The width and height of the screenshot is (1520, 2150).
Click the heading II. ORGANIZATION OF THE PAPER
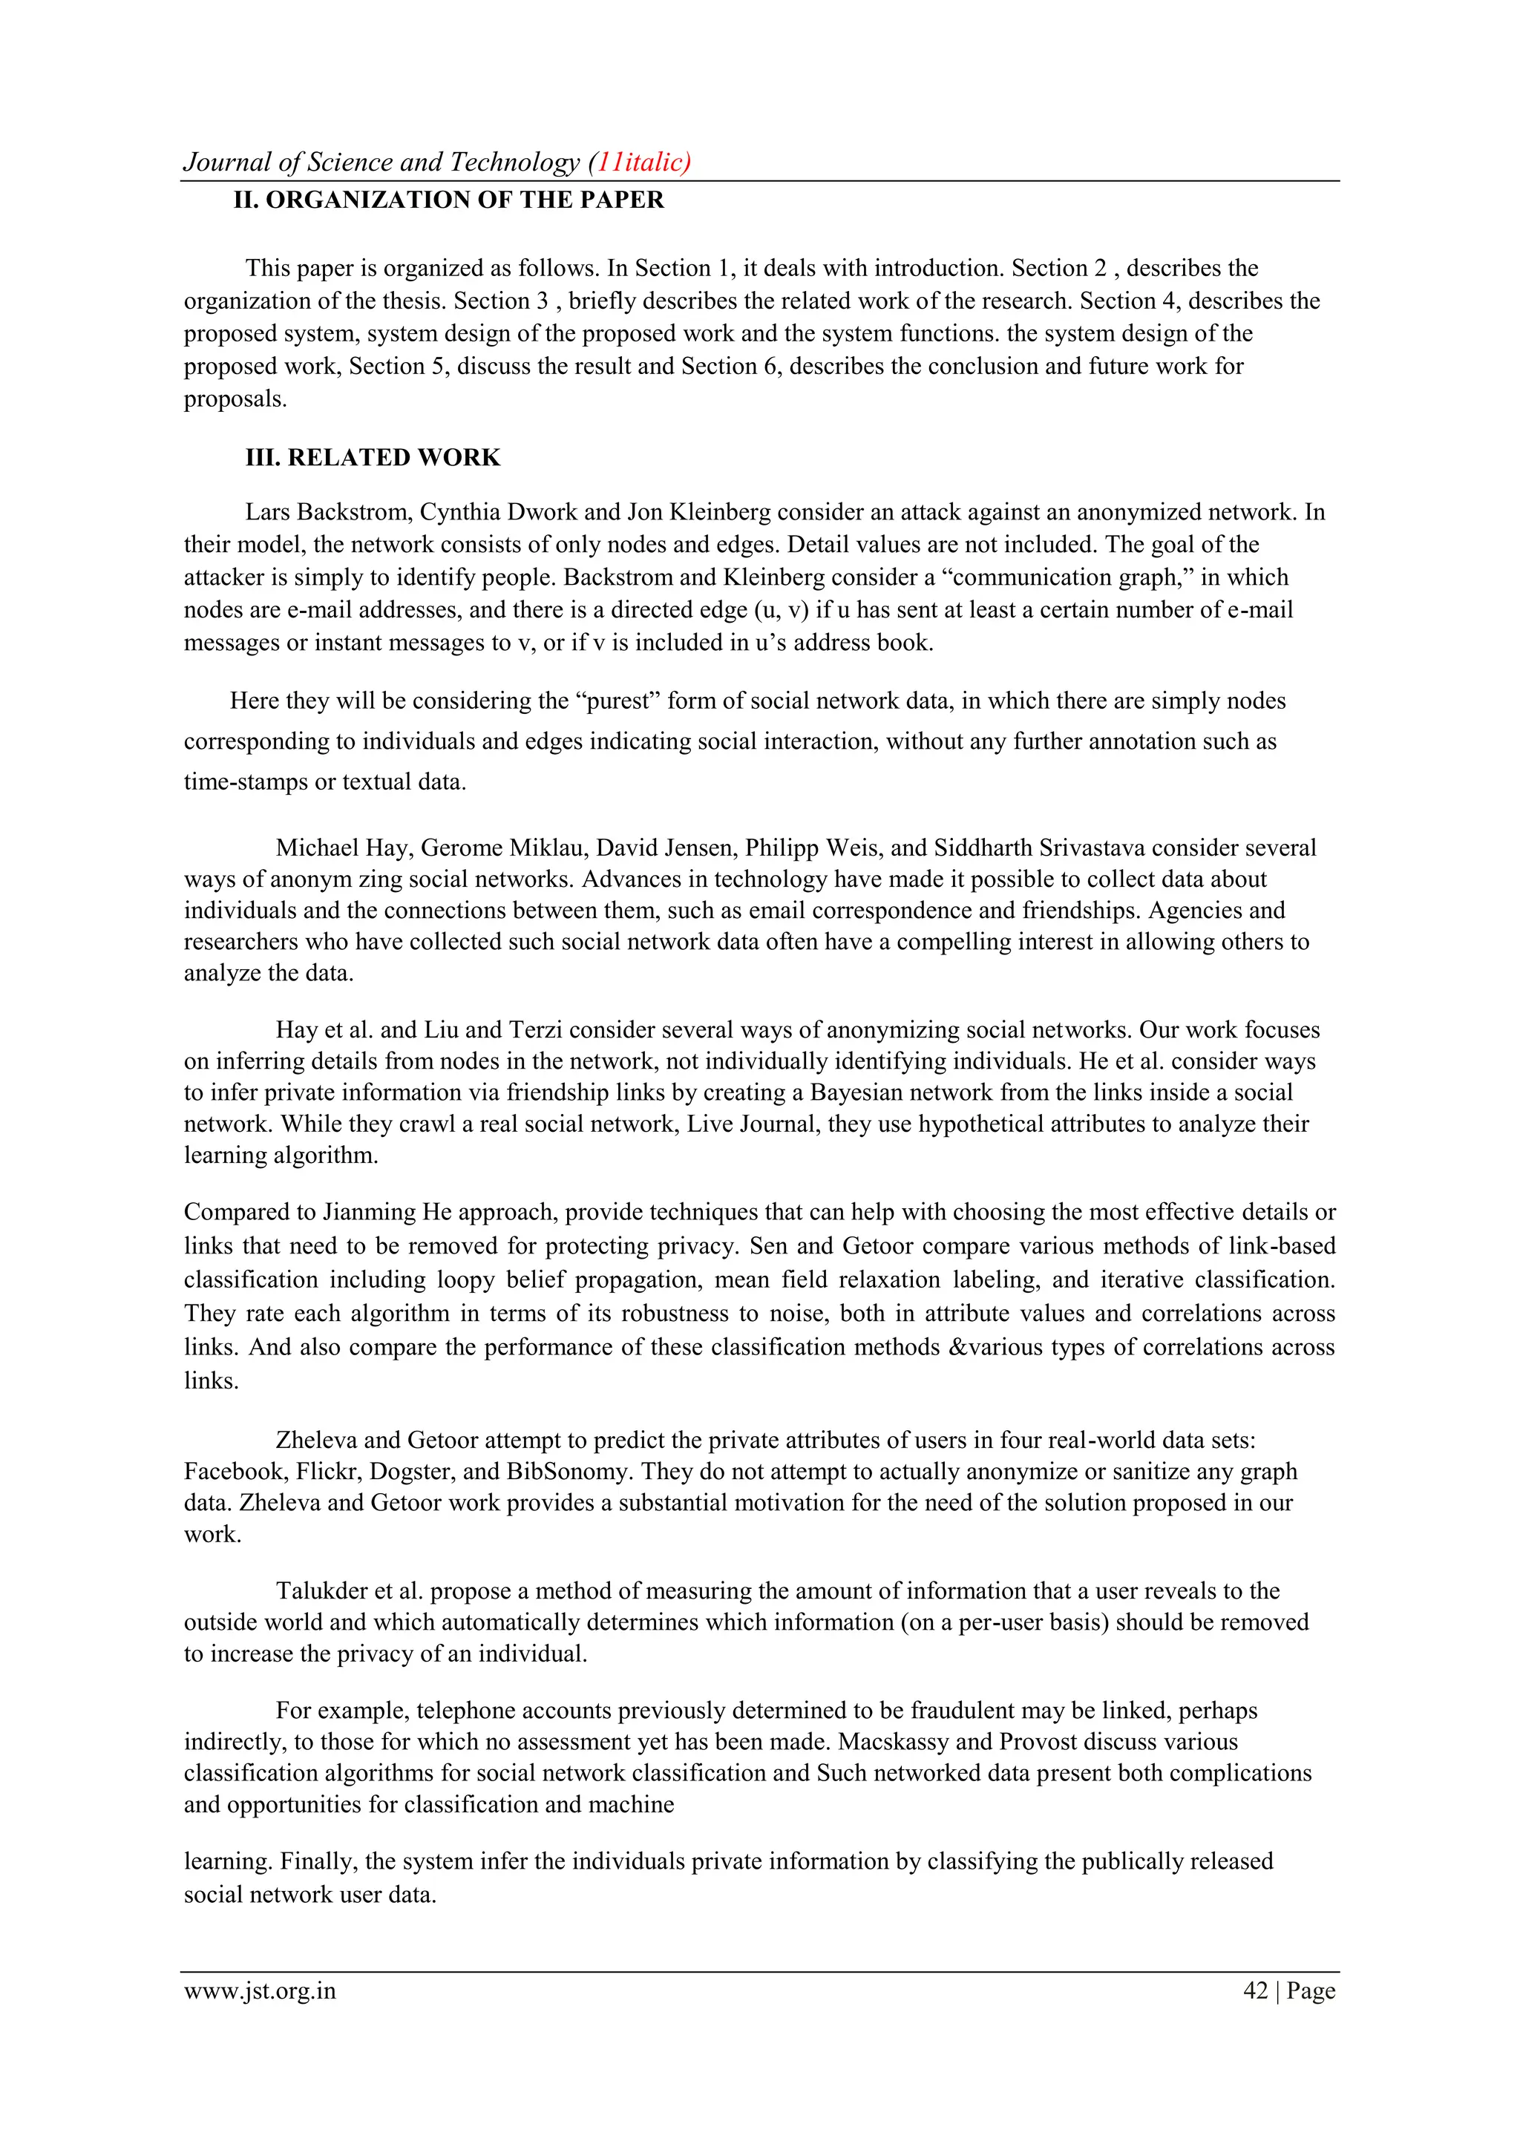tap(448, 200)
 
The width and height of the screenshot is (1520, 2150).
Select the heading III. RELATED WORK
tap(373, 457)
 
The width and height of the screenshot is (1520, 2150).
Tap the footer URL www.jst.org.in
tap(260, 1991)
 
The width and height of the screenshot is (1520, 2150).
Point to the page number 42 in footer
tap(1255, 1991)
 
